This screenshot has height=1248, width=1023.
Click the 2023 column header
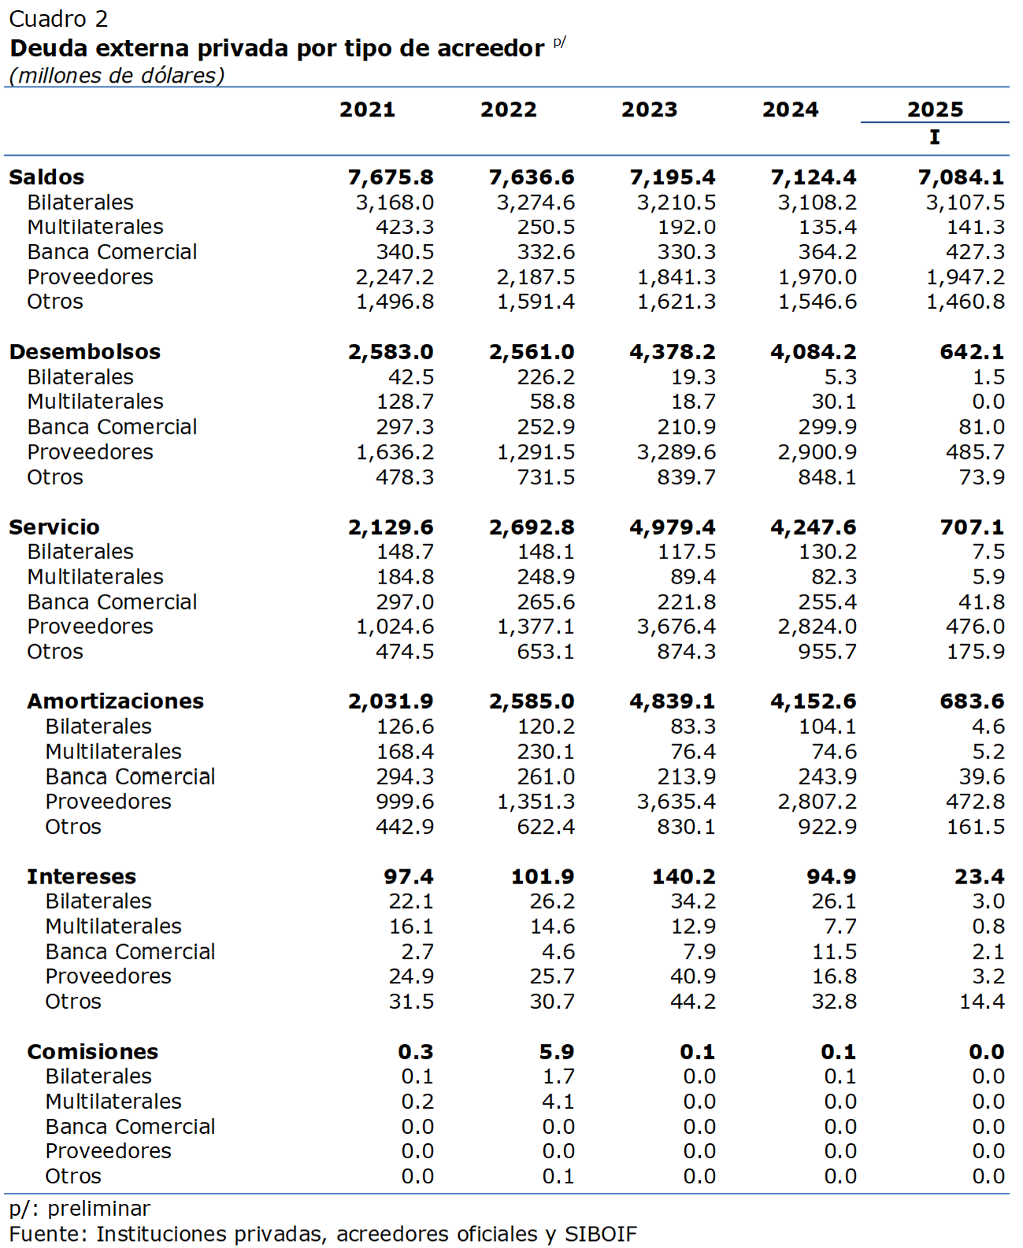coord(649,109)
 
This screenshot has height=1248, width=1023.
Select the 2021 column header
coord(367,109)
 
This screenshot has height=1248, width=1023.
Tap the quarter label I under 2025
coord(934,137)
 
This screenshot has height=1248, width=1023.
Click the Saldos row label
coord(46,177)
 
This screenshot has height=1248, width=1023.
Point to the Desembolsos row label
coord(84,351)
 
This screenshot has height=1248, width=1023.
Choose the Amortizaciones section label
coord(116,702)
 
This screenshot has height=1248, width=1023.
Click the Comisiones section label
coord(92,1051)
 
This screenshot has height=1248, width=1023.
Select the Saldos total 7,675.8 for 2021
coord(391,177)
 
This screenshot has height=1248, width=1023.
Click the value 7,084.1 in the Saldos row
coord(961,177)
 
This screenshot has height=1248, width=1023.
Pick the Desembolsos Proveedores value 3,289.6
coord(676,452)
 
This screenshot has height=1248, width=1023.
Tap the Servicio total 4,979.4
coord(673,527)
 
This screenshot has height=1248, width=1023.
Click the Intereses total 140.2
coord(684,876)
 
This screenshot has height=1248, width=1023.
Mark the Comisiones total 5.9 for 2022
coord(557,1051)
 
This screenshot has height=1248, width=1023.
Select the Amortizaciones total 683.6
coord(972,702)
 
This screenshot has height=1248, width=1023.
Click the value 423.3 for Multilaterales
coord(405,228)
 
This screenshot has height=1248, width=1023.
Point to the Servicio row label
coord(54,527)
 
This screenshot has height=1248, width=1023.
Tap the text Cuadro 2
coord(58,19)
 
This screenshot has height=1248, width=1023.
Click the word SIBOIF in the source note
coord(601,1234)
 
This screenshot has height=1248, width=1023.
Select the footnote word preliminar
coord(99,1209)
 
